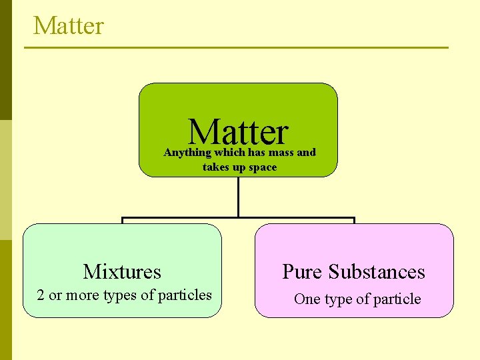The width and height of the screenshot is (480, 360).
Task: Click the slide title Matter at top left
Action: tap(69, 26)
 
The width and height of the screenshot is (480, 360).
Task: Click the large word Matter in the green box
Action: tap(238, 132)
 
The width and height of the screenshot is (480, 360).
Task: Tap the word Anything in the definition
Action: tap(187, 153)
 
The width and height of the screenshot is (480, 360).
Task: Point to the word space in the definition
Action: tap(261, 167)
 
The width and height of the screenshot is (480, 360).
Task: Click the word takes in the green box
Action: tap(215, 167)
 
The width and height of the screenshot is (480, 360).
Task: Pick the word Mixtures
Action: tap(122, 272)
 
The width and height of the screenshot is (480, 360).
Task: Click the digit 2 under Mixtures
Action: tap(41, 295)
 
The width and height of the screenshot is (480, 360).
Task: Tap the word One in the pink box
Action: tap(307, 299)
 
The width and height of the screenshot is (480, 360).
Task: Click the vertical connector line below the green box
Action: tap(238, 197)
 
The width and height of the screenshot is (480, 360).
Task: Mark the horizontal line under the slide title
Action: tap(237, 47)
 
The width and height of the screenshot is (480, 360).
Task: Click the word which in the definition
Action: tap(230, 153)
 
